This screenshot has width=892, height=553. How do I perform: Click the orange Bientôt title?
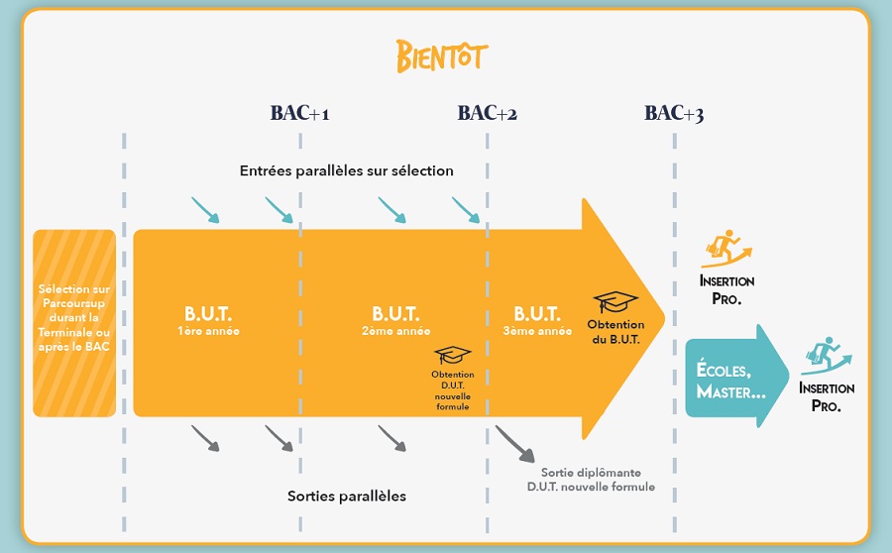[442, 55]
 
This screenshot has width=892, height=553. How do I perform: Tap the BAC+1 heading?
[299, 113]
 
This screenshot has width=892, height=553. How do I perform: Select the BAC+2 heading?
[488, 113]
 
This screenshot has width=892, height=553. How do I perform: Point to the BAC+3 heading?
[674, 113]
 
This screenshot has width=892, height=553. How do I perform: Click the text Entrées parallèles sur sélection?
[347, 170]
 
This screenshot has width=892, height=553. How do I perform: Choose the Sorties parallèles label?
[347, 497]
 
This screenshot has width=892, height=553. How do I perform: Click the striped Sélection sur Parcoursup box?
[74, 323]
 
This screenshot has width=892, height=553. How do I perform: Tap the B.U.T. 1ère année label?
[208, 321]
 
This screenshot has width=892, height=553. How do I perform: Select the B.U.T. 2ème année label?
[395, 321]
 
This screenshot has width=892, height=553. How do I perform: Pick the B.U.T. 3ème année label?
[537, 321]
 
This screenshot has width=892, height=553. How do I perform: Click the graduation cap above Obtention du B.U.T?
[614, 301]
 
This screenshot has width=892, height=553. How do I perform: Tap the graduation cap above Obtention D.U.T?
[452, 355]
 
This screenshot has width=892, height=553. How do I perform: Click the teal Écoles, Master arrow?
[736, 376]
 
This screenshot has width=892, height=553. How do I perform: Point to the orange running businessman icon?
[726, 249]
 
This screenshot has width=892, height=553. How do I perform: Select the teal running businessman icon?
[826, 356]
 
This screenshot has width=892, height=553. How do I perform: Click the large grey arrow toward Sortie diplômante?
[514, 444]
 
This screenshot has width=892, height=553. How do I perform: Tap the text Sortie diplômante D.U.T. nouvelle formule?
[591, 480]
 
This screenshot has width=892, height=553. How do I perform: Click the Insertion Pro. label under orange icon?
[727, 290]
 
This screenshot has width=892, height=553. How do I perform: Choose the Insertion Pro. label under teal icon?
[827, 397]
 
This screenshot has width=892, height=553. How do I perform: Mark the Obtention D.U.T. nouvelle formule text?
[453, 390]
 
